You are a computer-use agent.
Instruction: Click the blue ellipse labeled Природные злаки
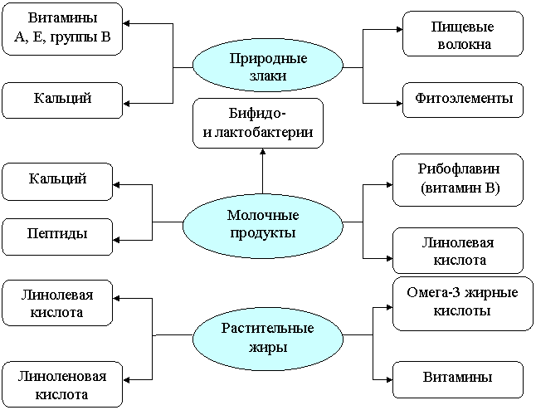268,66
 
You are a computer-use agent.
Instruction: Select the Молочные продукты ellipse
262,224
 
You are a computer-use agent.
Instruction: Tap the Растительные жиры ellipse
268,337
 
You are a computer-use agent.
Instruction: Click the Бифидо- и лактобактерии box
258,123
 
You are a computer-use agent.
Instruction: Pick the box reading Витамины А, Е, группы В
62,29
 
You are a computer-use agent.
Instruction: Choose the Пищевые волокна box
463,33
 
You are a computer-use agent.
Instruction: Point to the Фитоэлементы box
463,100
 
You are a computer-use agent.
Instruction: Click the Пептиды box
57,237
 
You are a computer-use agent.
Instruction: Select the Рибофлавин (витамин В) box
458,180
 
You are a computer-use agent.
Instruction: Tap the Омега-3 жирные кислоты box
463,304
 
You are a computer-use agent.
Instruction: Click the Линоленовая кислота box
62,384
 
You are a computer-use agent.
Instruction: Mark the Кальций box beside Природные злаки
62,100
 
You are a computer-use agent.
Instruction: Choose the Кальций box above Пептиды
57,182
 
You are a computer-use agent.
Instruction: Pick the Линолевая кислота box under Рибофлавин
458,251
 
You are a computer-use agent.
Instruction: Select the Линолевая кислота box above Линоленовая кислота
57,303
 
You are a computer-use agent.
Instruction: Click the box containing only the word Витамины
458,380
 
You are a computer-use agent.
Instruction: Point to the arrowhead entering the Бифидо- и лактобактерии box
262,152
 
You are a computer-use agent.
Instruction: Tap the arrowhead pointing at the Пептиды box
116,240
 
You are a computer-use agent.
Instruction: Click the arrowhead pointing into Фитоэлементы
399,103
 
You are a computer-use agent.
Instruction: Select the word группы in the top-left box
71,37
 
